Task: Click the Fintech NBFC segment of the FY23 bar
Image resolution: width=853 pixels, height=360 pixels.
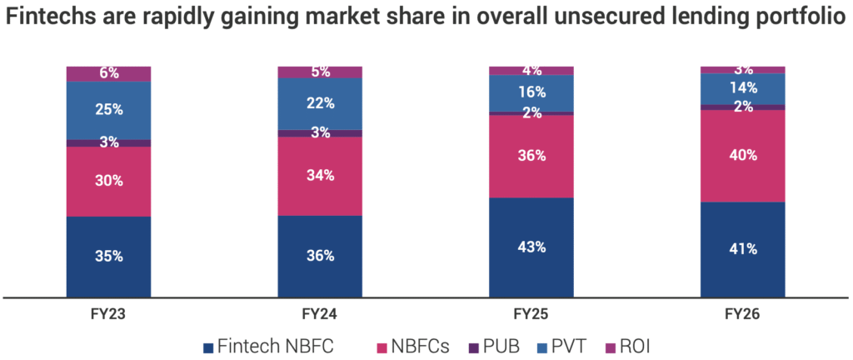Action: [108, 256]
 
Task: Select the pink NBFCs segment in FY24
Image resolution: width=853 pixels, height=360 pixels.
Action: [320, 176]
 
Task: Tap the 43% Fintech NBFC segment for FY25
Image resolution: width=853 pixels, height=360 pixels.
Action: [531, 247]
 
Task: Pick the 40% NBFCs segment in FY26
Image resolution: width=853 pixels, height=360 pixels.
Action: [743, 155]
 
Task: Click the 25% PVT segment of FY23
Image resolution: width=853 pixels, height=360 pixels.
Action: [108, 110]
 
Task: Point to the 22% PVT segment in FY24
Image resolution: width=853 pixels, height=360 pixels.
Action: [320, 103]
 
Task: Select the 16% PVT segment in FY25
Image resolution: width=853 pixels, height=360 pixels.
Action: [531, 92]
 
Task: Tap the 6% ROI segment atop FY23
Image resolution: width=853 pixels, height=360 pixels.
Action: [108, 73]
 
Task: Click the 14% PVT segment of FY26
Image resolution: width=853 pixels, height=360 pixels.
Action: [743, 88]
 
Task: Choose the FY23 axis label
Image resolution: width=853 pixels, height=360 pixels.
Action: [108, 315]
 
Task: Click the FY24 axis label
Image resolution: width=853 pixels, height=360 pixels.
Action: [320, 315]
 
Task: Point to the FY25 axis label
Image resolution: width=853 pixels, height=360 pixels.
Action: [531, 315]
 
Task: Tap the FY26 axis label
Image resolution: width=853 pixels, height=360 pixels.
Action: [743, 315]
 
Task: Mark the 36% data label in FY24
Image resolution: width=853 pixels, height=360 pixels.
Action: [320, 256]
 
